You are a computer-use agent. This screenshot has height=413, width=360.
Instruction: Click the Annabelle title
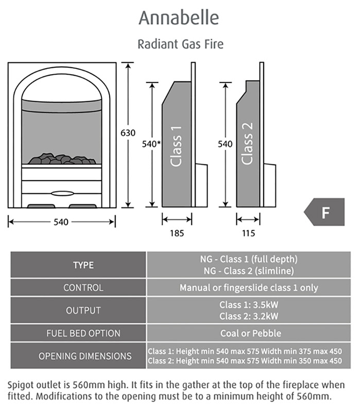[x=179, y=18]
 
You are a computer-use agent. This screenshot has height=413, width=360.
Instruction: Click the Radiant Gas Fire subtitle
[x=180, y=44]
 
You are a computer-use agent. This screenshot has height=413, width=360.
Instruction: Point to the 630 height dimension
[x=128, y=133]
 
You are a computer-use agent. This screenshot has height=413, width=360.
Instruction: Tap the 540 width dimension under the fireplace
[x=61, y=222]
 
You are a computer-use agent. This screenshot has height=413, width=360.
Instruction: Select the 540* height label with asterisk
[x=149, y=144]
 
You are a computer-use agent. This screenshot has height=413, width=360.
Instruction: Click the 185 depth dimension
[x=177, y=233]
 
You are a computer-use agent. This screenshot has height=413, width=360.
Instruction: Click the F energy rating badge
[x=325, y=212]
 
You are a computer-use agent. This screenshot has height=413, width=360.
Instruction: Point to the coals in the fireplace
[x=61, y=159]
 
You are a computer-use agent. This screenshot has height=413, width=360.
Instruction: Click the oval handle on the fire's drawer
[x=61, y=193]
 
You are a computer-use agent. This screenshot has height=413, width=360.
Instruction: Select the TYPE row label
[x=83, y=265]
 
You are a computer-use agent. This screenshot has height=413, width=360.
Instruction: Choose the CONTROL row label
[x=83, y=288]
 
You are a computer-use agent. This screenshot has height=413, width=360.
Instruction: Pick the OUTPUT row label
[x=83, y=311]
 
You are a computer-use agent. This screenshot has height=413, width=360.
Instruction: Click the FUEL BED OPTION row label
[x=83, y=333]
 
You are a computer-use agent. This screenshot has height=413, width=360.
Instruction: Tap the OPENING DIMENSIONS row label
[x=83, y=356]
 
